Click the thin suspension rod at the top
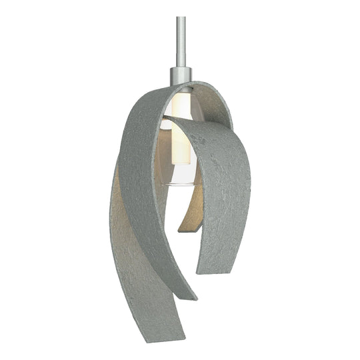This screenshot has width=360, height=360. (180, 33)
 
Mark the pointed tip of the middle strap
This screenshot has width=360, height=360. (190, 297)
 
